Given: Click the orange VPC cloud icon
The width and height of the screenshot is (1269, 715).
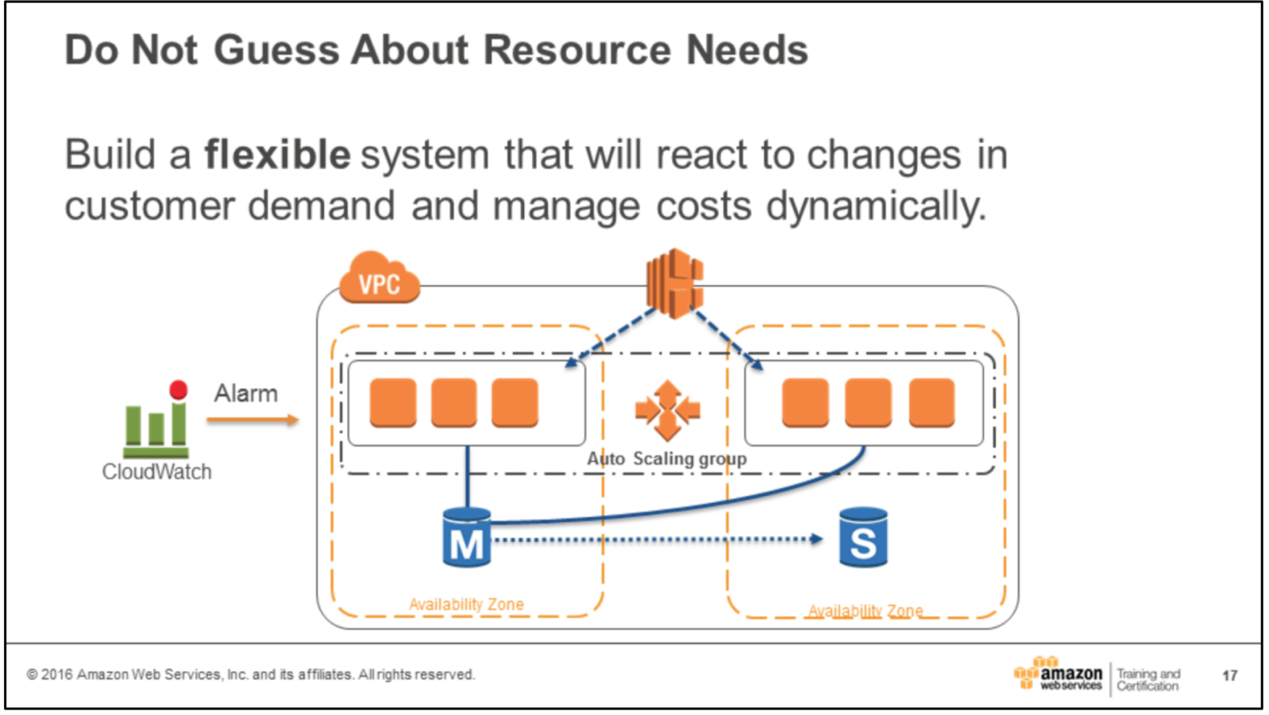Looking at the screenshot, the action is coord(379,279).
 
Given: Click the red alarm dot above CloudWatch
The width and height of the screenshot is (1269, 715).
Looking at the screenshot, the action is coord(179,389).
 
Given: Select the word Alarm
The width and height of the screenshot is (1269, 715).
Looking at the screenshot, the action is coord(246,393).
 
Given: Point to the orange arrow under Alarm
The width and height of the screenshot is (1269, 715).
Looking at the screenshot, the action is coord(253,419).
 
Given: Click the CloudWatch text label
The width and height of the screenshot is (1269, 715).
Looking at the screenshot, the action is coord(156,472).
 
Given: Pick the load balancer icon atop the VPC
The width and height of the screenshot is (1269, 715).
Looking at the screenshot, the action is coord(675,283).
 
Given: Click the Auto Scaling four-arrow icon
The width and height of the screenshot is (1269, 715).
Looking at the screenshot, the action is coord(667,411).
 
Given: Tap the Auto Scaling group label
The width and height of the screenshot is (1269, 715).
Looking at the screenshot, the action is coord(667,458).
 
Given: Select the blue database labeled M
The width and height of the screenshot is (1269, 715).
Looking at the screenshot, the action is coord(467,538).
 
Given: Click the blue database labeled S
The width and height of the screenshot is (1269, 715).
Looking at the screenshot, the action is coord(863,538).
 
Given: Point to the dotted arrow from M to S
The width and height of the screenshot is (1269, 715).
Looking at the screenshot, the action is coord(658,539).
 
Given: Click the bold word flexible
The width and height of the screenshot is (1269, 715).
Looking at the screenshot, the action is coord(277,154).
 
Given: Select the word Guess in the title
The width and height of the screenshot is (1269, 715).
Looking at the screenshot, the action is coord(276,50).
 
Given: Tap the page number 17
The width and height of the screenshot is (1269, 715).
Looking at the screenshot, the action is coord(1229,675).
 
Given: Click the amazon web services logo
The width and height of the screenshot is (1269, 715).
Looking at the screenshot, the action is coord(1059,674).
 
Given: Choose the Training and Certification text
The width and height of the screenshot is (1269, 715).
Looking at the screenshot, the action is coord(1148,679).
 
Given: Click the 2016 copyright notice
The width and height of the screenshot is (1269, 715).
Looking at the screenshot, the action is coord(251,674).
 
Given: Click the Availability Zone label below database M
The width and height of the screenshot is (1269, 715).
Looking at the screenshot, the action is coord(466,605).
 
